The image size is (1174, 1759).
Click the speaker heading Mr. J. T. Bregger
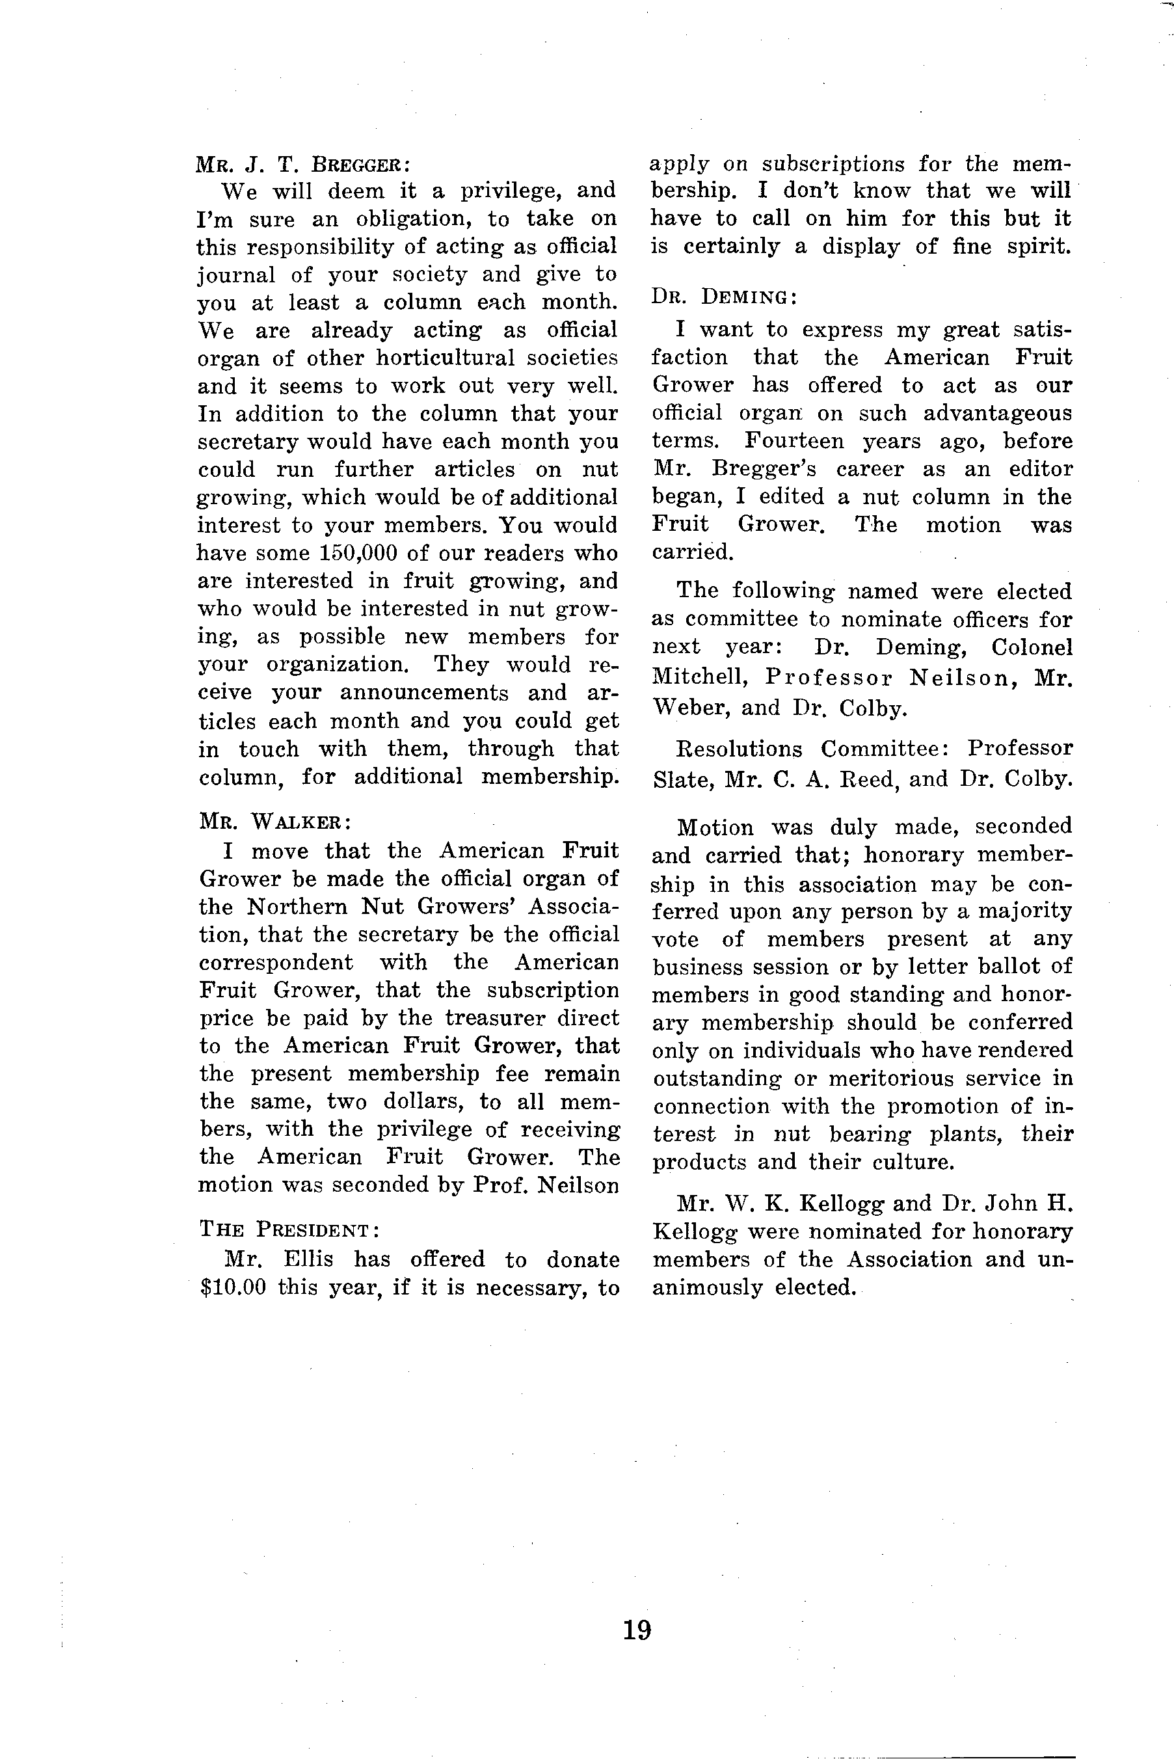(302, 164)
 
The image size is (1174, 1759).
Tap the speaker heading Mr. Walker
(274, 821)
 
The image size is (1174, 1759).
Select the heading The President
(289, 1229)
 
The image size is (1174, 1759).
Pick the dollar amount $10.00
(233, 1287)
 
